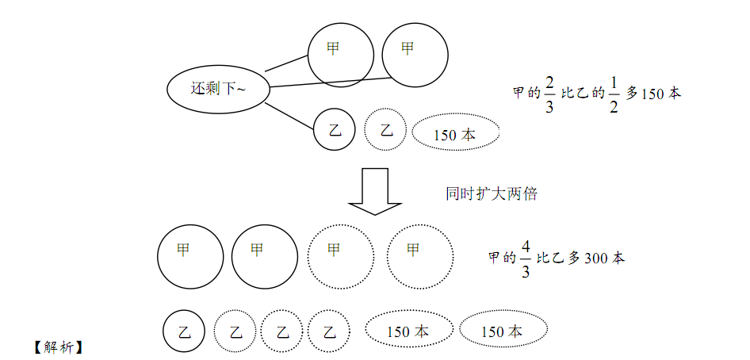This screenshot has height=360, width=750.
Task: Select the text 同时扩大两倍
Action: tap(492, 193)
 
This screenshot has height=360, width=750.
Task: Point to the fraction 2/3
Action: tap(549, 94)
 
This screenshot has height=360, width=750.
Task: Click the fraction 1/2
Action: tap(612, 94)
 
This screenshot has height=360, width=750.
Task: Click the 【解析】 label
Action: tap(59, 347)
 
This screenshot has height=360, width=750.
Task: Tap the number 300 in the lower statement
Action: tap(595, 258)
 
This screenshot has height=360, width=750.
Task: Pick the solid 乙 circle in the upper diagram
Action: tap(335, 130)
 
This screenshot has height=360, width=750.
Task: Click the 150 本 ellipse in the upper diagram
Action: tap(455, 135)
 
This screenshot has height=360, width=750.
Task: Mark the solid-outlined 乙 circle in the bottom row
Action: tap(184, 331)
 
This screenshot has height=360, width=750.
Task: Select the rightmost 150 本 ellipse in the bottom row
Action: tap(502, 331)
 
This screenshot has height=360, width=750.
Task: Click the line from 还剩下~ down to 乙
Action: tap(289, 115)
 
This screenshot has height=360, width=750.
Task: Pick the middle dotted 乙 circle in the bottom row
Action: tap(282, 331)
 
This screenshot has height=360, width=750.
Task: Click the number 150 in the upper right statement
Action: tap(652, 94)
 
